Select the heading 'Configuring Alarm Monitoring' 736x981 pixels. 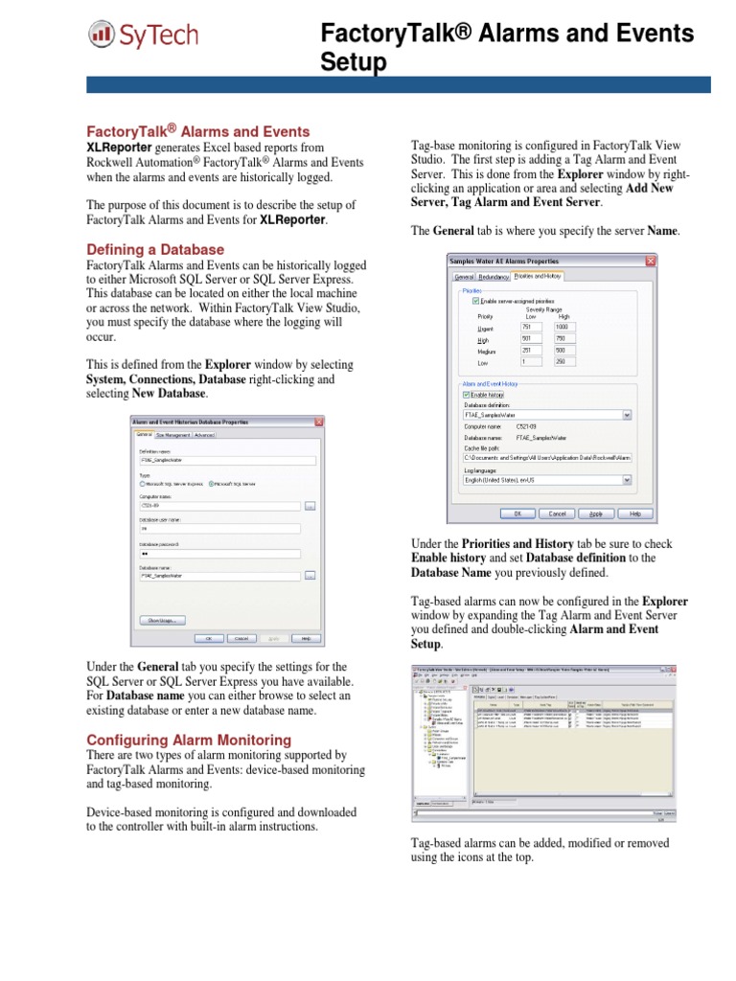pos(189,740)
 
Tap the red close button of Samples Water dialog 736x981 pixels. pos(651,261)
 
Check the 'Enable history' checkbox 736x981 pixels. pos(467,394)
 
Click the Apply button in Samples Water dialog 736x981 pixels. pos(595,513)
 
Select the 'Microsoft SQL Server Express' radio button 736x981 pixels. pos(143,483)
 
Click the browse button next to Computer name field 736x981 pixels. pos(310,505)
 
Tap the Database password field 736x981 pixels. pos(219,553)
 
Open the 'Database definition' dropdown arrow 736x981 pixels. pos(627,415)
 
